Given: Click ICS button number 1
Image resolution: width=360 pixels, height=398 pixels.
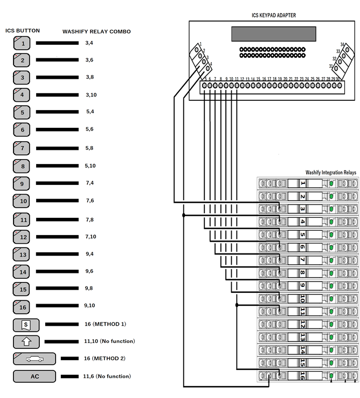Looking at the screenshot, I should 22,43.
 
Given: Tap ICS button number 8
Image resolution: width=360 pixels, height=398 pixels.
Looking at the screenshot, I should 22,166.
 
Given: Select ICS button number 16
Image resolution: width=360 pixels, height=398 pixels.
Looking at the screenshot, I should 22,306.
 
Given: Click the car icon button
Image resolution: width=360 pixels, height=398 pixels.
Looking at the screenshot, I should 34,359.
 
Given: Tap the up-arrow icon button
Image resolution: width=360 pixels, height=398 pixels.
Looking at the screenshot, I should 26,341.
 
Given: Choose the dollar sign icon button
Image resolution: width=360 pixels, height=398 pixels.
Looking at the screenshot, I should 26,325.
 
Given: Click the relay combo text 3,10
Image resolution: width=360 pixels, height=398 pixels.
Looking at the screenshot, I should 90,95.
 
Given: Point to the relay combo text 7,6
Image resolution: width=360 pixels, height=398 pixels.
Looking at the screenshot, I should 89,201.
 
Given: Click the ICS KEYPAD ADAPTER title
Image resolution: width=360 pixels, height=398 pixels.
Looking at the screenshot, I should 274,16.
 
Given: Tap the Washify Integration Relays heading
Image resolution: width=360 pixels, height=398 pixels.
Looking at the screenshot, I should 330,173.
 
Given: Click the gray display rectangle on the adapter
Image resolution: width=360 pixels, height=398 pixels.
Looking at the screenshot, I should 274,33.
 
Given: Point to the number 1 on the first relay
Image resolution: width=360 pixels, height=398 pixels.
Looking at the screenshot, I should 302,183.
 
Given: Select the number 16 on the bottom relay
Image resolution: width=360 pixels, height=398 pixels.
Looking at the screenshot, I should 302,376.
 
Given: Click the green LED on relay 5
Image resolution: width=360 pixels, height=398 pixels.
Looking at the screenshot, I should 331,235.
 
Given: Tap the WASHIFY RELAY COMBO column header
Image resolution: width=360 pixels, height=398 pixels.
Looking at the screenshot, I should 96,31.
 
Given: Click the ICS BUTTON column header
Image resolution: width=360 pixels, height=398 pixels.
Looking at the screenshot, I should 23,31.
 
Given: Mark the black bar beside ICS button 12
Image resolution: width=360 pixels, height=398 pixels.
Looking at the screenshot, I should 57,236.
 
